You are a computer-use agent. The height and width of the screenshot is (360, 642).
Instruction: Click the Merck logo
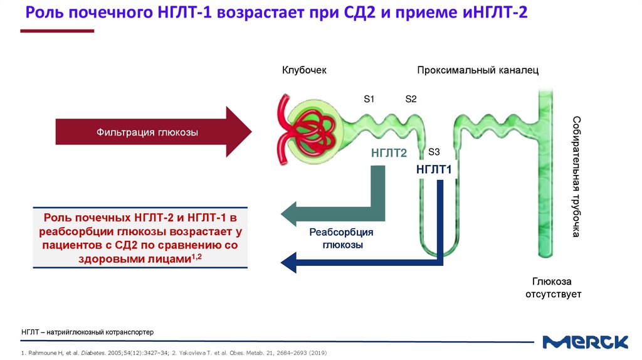coord(586,342)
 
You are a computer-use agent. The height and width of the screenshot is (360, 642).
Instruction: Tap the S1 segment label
coord(369,98)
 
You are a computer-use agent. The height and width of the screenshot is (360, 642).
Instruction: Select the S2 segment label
coord(411,98)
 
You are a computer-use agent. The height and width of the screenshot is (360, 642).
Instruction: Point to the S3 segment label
coord(434,152)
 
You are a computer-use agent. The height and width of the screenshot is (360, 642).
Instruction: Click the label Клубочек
coord(304,70)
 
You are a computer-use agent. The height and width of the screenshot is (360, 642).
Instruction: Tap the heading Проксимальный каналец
coord(478,70)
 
